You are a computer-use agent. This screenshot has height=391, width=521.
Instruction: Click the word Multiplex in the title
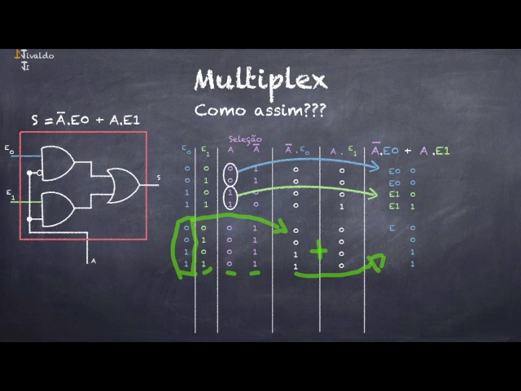point(260,80)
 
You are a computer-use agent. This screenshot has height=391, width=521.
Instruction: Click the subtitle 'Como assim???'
point(260,110)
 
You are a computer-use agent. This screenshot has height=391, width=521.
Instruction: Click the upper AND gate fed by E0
point(55,163)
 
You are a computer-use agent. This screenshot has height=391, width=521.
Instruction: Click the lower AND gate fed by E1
point(55,209)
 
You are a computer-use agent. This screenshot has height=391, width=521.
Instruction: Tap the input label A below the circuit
point(93,261)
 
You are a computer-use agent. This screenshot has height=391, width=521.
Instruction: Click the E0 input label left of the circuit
point(8,151)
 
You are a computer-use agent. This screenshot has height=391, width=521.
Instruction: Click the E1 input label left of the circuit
point(9,195)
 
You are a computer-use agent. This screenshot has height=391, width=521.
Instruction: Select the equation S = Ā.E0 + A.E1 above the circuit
point(86,120)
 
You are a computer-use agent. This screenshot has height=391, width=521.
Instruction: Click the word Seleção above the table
point(245,139)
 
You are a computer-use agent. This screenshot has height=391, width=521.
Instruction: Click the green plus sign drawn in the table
point(317,252)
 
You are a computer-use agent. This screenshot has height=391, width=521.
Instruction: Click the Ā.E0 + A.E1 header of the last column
point(410,151)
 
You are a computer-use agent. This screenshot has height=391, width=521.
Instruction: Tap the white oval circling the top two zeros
point(231,174)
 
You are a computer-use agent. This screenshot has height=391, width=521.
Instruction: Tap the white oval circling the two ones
point(231,199)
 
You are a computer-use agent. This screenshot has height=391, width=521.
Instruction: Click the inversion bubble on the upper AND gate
point(30,173)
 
